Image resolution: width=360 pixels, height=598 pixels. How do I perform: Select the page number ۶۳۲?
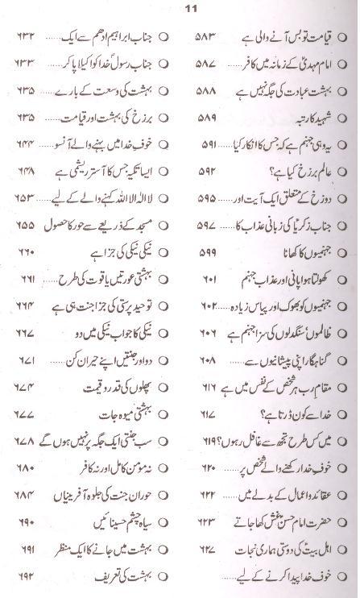click(19, 36)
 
